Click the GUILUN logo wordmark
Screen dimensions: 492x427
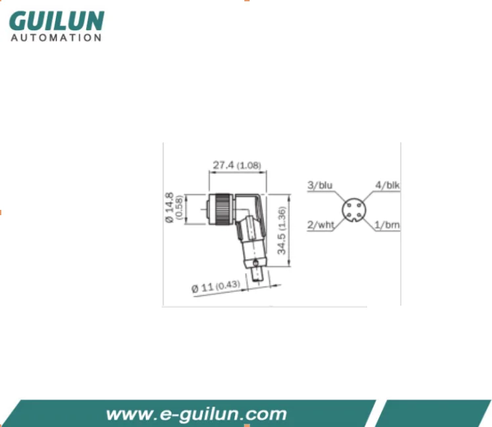click(56, 21)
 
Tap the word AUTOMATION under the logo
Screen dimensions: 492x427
click(56, 38)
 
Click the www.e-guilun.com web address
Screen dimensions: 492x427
click(196, 414)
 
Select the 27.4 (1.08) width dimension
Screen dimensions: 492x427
click(237, 165)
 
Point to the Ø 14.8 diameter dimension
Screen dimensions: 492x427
click(169, 208)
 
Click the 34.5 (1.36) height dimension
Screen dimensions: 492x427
click(282, 230)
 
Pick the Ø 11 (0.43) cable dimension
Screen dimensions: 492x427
click(216, 287)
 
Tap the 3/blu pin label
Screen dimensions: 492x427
click(320, 185)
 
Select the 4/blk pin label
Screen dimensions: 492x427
click(388, 185)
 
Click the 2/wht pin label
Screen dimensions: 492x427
click(321, 224)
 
